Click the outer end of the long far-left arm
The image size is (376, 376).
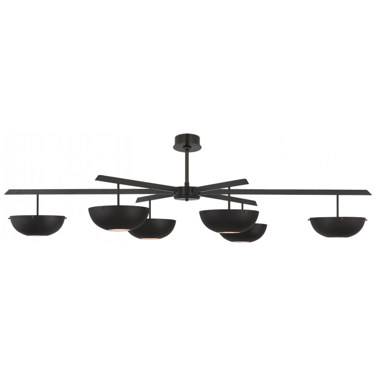click(7, 193)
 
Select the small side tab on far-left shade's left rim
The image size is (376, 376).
click(9, 219)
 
